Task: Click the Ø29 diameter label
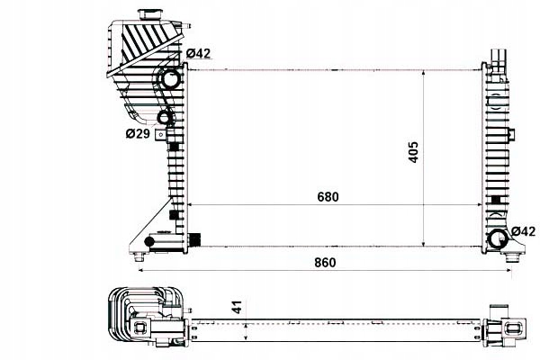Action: tap(137, 134)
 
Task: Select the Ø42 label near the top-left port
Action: tap(198, 54)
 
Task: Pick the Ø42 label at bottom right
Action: tap(523, 231)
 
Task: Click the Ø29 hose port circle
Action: tap(165, 118)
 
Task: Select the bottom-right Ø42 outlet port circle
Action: tap(497, 238)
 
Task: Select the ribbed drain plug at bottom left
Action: tap(193, 239)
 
